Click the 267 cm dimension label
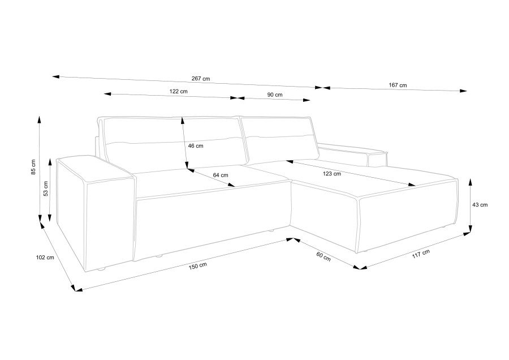tap(201, 79)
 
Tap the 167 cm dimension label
tap(398, 85)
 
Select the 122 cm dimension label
tap(178, 91)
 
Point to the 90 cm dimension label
tap(275, 95)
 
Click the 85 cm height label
tap(33, 168)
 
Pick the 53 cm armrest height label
tap(46, 188)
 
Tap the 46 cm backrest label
tap(196, 146)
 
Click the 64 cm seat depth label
tap(221, 175)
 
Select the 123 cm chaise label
tap(332, 174)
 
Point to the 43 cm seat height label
tap(480, 205)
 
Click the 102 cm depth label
tap(45, 258)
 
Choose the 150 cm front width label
tap(198, 265)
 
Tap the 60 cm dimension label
tap(323, 256)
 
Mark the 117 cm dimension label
tap(421, 254)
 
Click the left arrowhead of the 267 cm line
tap(55, 77)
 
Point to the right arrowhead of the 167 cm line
tap(464, 91)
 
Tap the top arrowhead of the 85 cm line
tap(39, 119)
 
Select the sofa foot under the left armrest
tap(102, 269)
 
